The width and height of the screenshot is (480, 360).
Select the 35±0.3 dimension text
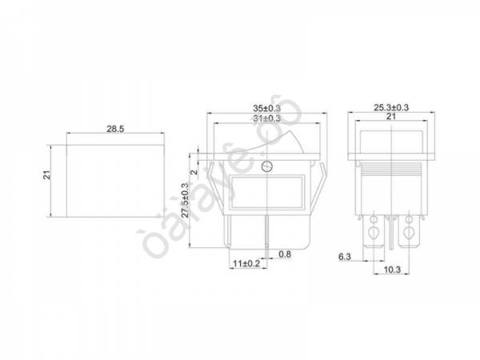[x=267, y=107]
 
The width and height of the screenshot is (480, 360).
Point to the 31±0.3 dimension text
[x=267, y=119]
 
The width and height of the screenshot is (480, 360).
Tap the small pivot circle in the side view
[x=266, y=167]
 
